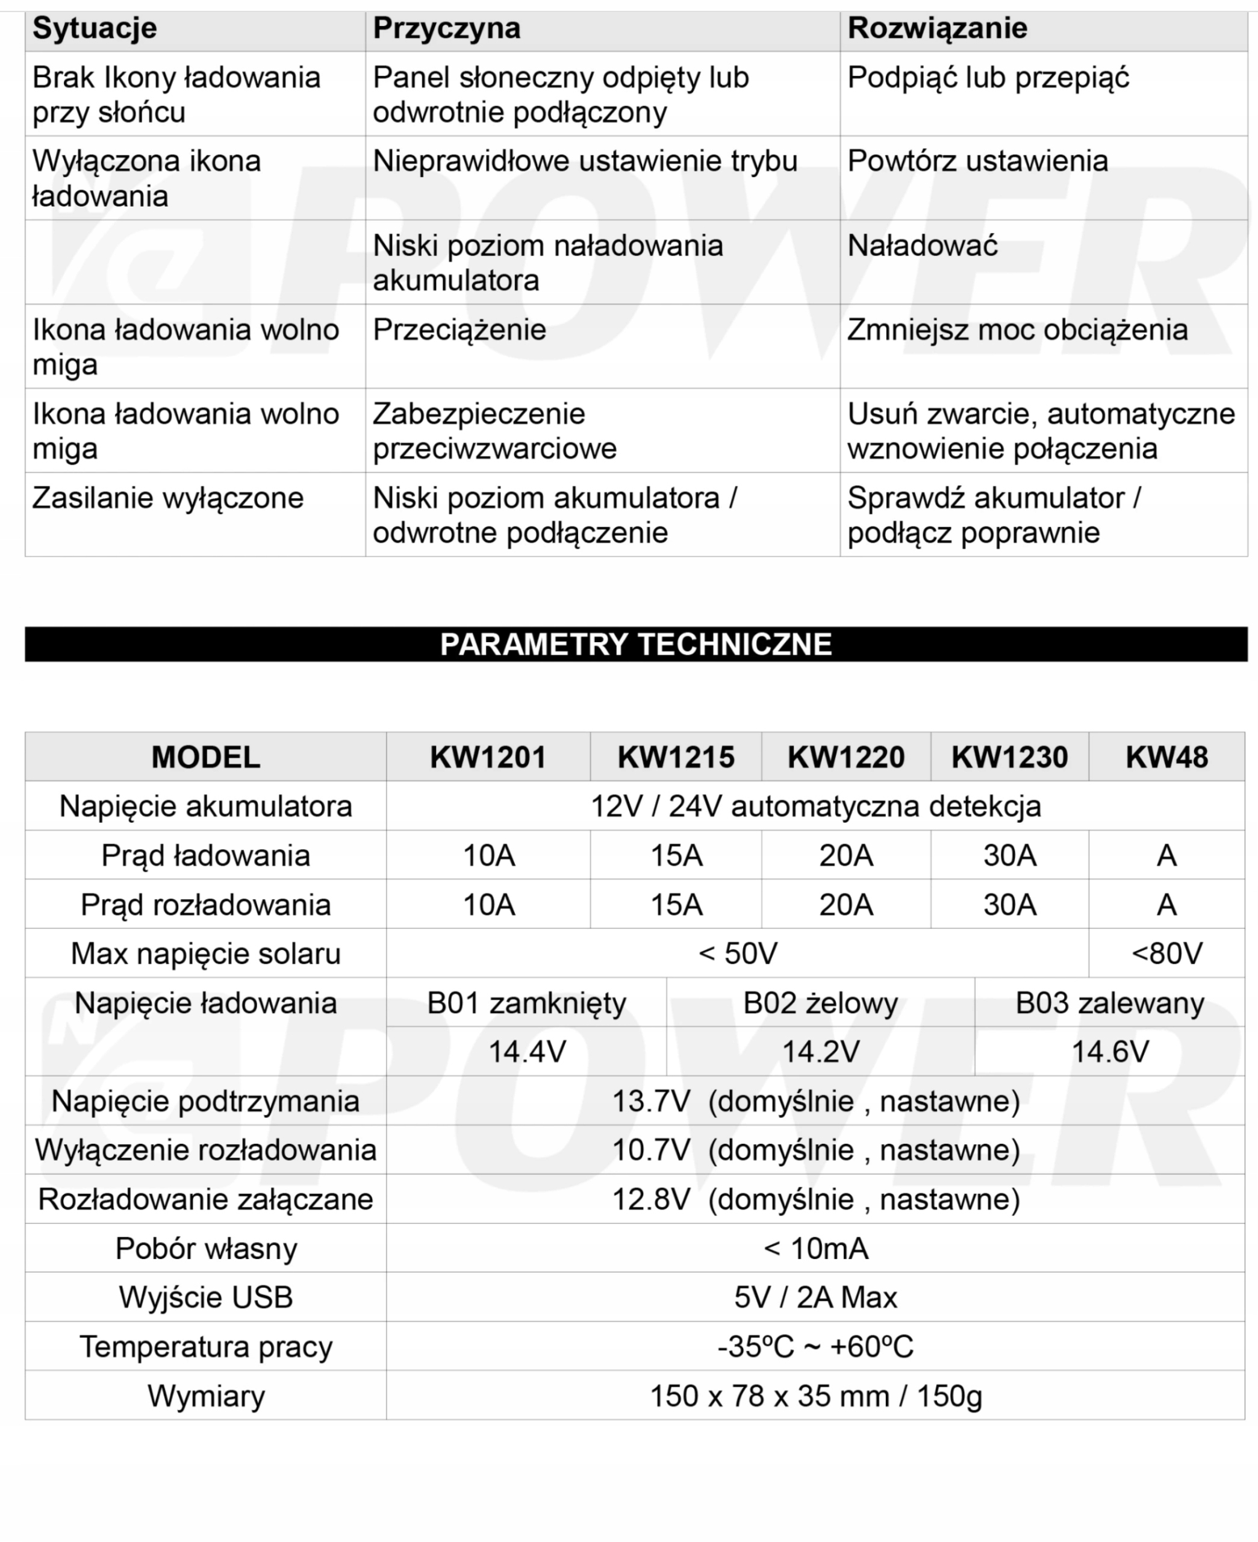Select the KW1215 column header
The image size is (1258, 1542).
point(676,757)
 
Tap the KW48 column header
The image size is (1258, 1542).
point(1166,757)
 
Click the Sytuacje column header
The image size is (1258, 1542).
point(95,29)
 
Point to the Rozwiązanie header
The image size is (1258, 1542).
point(937,29)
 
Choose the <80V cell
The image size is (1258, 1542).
point(1166,954)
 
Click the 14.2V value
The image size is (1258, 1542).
point(820,1052)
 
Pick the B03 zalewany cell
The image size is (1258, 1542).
point(1109,1003)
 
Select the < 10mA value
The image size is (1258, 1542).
point(815,1248)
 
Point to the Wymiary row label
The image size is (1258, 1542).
point(206,1396)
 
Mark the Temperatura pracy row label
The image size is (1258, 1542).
point(206,1346)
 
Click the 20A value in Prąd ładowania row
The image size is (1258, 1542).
point(845,856)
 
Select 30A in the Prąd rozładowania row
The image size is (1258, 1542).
point(1009,905)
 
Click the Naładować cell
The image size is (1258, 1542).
point(923,246)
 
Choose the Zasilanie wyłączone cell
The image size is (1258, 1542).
point(168,499)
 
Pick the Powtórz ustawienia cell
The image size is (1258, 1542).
point(977,161)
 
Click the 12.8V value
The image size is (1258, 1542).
point(652,1199)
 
